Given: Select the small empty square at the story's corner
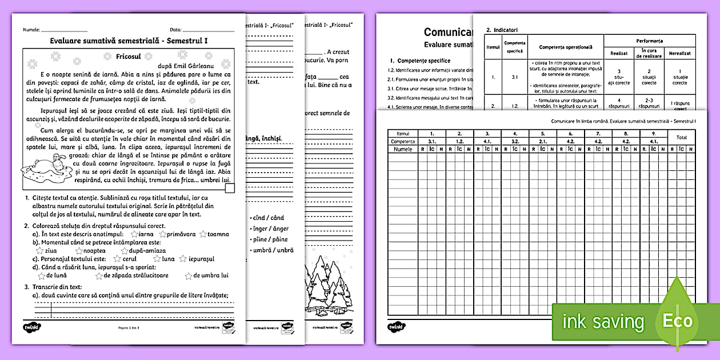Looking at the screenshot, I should [230, 187].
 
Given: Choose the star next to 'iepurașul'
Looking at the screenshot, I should [183, 259].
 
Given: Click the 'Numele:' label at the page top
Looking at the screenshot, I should [31, 29].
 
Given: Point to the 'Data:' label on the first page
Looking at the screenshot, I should [175, 29].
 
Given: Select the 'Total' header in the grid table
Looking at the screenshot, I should [681, 137].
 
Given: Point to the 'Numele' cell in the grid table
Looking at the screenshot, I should [403, 149].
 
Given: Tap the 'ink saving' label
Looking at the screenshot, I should [603, 321].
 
